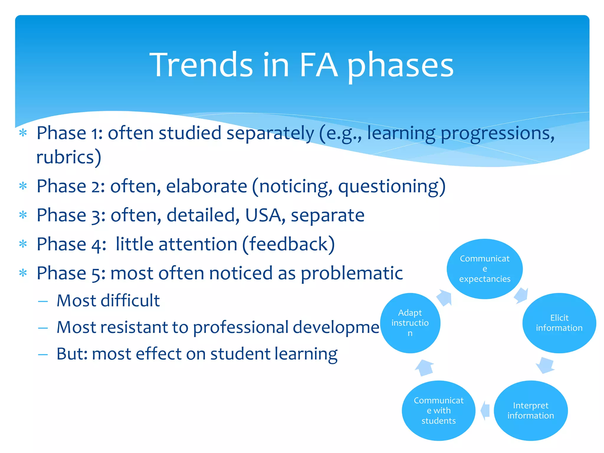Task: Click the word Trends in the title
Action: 201,65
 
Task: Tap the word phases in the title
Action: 400,65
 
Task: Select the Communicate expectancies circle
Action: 485,269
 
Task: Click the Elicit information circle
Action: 559,323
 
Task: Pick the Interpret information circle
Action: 531,411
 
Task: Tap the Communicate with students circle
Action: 439,411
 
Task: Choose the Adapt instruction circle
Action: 410,323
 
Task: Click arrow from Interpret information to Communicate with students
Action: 485,410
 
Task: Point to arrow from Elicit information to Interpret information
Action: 546,365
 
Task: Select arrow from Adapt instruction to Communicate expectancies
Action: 444,298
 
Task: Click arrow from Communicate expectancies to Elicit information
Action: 521,295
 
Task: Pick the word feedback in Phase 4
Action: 288,244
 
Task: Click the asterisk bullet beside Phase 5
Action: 23,273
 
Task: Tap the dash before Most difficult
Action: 43,301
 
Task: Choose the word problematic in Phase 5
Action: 352,273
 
